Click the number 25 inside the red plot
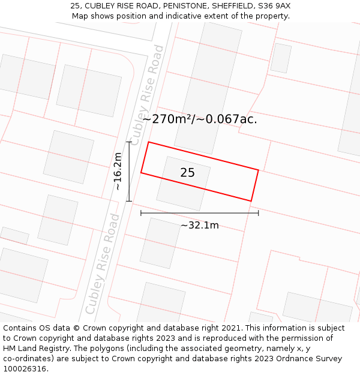tap(187, 173)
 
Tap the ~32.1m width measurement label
tap(200, 226)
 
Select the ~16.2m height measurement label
tap(118, 172)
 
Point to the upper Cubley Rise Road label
tap(148, 95)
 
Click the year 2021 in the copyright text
tap(231, 328)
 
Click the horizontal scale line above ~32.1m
tap(200, 212)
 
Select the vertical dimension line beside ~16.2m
tap(129, 172)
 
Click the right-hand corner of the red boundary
tap(258, 170)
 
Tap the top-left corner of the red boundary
tap(148, 142)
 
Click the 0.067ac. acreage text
tap(232, 119)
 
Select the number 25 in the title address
tap(75, 6)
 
